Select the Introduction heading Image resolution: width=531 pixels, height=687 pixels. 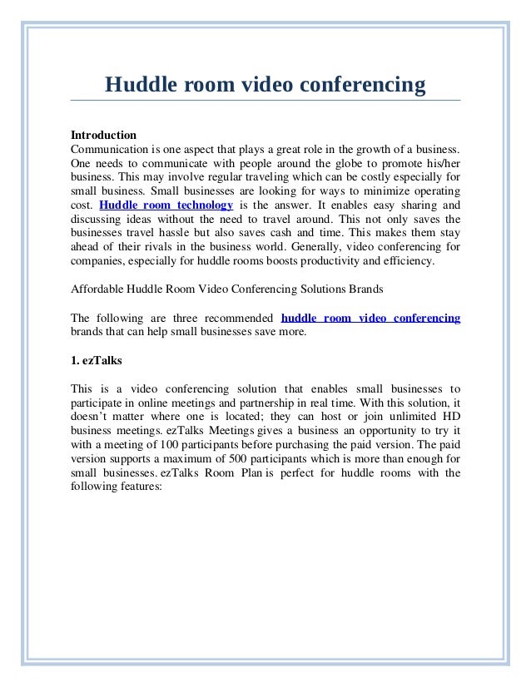103,135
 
